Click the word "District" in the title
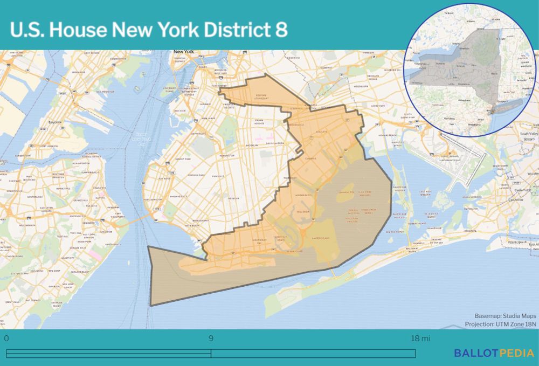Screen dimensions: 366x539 235,30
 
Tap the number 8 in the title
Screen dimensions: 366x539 280,30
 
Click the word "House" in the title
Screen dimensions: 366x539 77,30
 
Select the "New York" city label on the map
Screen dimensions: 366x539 183,52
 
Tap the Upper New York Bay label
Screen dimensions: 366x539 141,139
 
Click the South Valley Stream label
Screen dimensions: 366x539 529,135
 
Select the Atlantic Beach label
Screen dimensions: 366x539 522,242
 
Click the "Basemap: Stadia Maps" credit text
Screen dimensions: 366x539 505,315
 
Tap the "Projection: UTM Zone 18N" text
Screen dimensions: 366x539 501,324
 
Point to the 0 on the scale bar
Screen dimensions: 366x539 6,339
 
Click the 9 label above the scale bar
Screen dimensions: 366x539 211,339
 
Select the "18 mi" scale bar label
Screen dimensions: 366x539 421,339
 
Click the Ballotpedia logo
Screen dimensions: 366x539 494,353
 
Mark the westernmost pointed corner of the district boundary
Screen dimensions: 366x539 148,247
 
